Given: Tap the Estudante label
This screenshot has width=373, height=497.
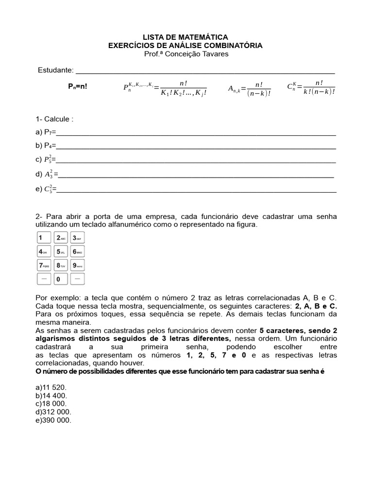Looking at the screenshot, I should (55, 70).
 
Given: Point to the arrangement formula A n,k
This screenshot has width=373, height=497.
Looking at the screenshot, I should (249, 89).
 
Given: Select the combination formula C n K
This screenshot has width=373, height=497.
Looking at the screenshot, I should (311, 88).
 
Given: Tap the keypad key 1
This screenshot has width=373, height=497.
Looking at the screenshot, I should (44, 238).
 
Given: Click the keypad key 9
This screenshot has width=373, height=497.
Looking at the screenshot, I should (77, 265).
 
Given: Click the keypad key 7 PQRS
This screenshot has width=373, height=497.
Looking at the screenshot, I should (44, 265).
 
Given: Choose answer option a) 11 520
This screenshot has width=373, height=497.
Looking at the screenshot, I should (51, 387).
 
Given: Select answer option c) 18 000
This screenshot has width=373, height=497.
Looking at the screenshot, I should (51, 403).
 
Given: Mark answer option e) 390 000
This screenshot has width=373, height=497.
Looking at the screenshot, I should (53, 420).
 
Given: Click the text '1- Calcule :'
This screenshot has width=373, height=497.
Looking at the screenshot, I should (54, 119).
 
